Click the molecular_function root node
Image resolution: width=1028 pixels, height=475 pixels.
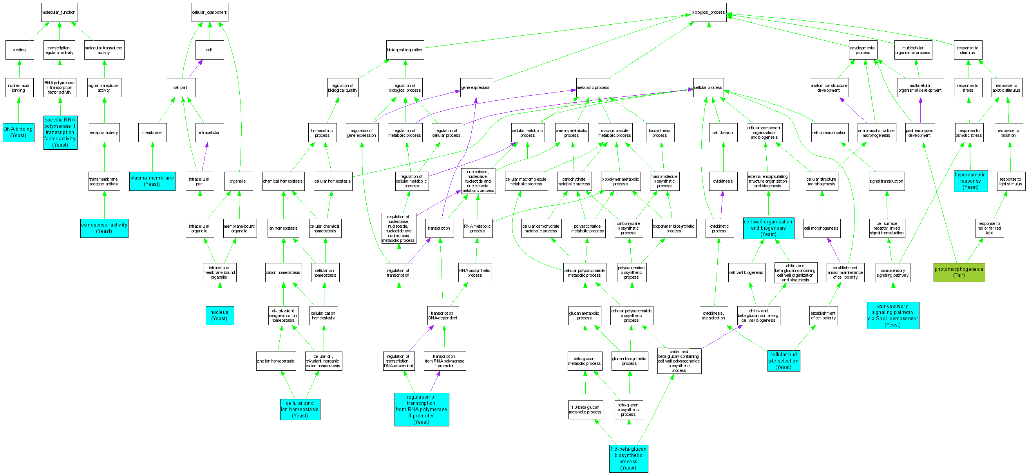[x=59, y=13]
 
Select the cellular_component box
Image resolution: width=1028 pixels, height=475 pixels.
[x=210, y=13]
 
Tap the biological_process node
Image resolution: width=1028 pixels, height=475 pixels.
[x=708, y=13]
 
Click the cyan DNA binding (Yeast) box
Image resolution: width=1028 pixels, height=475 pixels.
[x=18, y=132]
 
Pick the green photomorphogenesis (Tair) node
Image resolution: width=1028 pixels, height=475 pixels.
[x=959, y=272]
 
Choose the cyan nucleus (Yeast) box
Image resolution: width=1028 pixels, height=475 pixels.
[x=219, y=315]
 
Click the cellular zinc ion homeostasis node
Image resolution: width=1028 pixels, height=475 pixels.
[x=300, y=409]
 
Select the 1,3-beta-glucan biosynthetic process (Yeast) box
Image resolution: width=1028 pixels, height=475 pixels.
[x=628, y=458]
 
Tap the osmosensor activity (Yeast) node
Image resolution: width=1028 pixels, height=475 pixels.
[x=104, y=228]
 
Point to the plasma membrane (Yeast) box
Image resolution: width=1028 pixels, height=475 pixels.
[x=152, y=181]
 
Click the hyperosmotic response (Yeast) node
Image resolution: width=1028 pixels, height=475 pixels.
[x=970, y=181]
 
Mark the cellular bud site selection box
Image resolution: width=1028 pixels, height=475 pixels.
[x=784, y=361]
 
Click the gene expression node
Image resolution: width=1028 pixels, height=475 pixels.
[x=476, y=87]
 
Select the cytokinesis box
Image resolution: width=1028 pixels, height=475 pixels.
[x=723, y=181]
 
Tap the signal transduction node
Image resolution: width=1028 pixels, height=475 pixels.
[x=886, y=181]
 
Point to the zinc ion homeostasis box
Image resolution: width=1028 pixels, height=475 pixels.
[x=276, y=361]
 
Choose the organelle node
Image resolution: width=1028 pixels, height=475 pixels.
[x=238, y=181]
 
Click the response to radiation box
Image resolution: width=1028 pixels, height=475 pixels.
[x=1008, y=133]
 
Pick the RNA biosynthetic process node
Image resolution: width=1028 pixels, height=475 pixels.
[x=475, y=273]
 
